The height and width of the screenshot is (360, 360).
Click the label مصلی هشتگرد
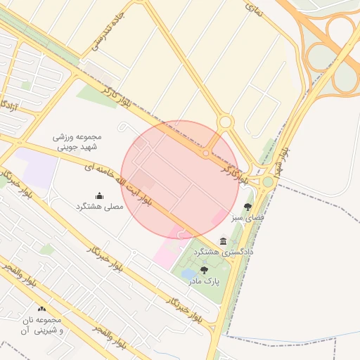coord(99,207)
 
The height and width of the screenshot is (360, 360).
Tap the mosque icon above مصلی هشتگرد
coord(99,195)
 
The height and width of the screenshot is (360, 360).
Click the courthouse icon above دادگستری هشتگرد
coord(224,240)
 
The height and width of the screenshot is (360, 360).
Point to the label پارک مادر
coord(204,281)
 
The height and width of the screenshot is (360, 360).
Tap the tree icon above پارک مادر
coord(204,270)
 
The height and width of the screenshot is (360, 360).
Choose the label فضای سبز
coord(247,218)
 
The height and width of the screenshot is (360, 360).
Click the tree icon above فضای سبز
coord(247,207)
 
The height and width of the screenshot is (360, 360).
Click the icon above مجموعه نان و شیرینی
coord(42,309)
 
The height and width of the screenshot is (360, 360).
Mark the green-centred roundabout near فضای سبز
coord(268,182)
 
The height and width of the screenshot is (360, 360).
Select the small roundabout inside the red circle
coord(206,153)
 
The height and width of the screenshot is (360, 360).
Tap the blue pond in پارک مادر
coord(188,272)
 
